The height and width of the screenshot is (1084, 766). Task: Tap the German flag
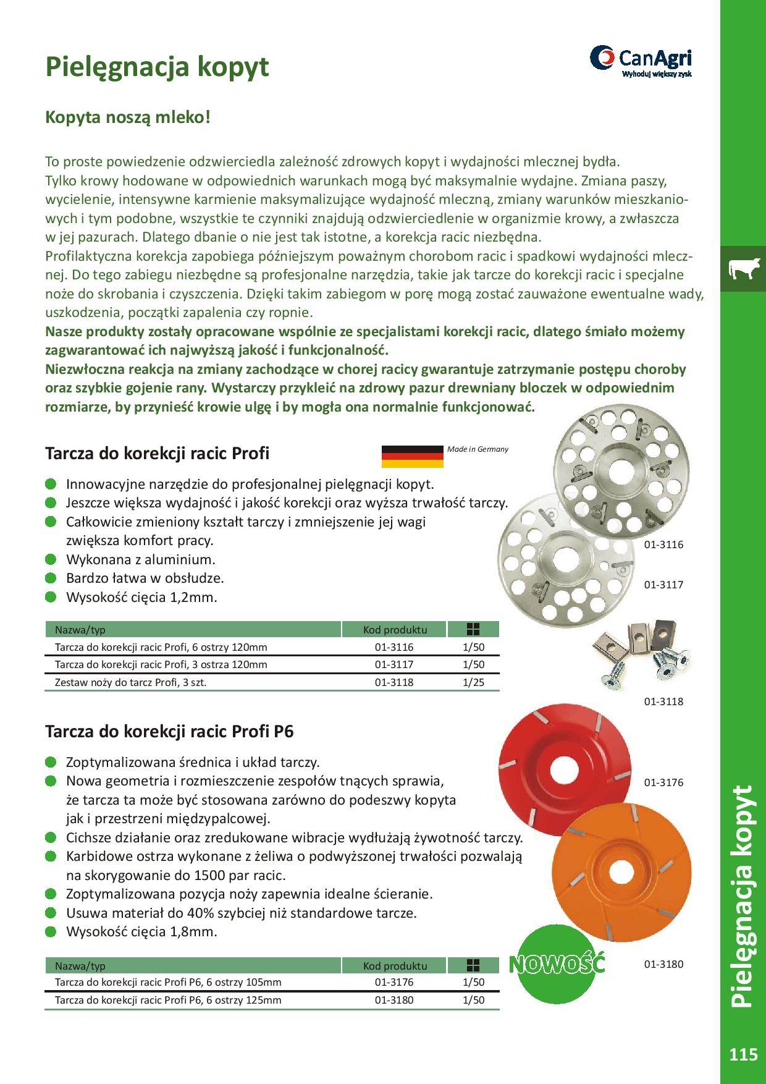point(413,456)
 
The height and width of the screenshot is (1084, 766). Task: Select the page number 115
point(743,1054)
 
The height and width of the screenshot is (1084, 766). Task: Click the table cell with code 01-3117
point(394,665)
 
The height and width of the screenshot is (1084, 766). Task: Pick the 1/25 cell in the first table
point(473,682)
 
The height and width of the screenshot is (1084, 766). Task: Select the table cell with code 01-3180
point(394,1000)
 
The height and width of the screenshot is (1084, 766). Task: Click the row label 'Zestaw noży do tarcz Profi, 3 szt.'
point(130,682)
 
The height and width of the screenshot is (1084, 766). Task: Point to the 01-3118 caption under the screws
point(664,701)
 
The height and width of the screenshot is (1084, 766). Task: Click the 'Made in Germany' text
point(478,449)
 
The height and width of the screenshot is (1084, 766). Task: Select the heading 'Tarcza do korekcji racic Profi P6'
point(169,732)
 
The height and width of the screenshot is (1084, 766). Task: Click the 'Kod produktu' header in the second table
point(395,965)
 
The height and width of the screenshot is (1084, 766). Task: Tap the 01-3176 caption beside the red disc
point(664,782)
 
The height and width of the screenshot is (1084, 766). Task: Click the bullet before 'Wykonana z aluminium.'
point(51,560)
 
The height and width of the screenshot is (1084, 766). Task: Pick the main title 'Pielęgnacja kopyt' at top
point(158,66)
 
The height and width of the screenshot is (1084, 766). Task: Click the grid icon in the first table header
point(473,630)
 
